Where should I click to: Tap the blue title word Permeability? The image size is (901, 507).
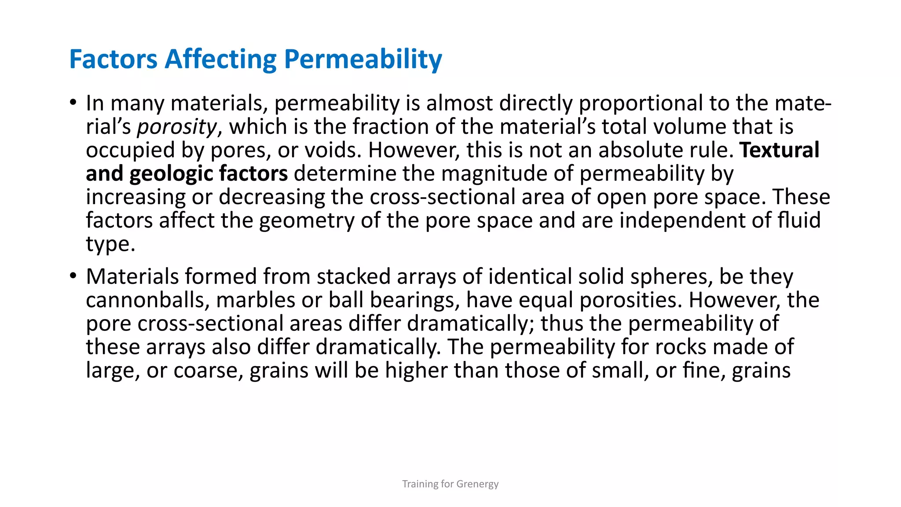(363, 60)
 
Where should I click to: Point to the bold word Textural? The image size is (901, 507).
(779, 150)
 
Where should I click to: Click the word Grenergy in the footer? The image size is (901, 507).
(477, 484)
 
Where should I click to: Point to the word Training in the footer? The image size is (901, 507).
(420, 484)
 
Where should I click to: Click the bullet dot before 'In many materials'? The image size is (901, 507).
(73, 103)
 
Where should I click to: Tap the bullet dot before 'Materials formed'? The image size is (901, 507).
(73, 276)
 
